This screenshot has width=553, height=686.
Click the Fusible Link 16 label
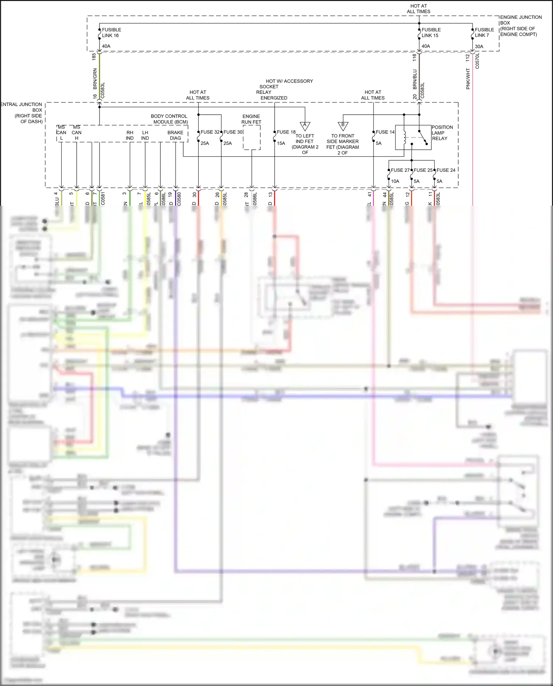coord(111,32)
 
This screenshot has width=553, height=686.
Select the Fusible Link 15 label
coord(431,32)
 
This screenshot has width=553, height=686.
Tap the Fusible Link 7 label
coord(484,32)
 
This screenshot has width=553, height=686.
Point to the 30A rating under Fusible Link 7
coord(479,46)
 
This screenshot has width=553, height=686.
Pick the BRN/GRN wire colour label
coord(95,79)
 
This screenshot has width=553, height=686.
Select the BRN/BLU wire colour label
coord(415,79)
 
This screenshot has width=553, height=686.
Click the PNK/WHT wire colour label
coord(468,79)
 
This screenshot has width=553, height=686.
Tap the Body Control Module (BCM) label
coord(170,119)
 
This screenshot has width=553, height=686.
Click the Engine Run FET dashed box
coord(252,137)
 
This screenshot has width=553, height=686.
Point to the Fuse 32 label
coord(210,132)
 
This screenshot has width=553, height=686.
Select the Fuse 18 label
coord(286,132)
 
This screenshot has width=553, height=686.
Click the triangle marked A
coord(305,125)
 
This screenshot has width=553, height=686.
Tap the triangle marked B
coord(343,125)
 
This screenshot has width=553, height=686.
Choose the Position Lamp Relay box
coord(413,137)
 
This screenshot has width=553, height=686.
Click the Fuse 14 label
coord(385,132)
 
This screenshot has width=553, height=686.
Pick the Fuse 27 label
coord(400,170)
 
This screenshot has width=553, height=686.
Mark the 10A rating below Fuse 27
coord(395,181)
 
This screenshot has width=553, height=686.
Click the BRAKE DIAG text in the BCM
coord(175,135)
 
